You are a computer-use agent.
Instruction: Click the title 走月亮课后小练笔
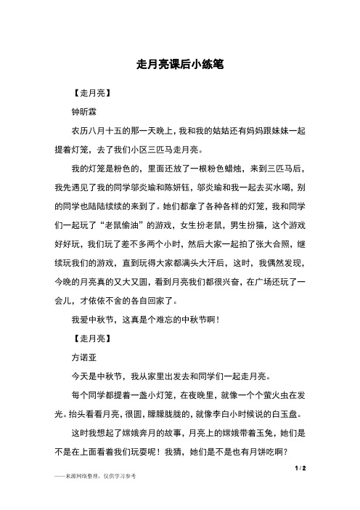click(x=179, y=65)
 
